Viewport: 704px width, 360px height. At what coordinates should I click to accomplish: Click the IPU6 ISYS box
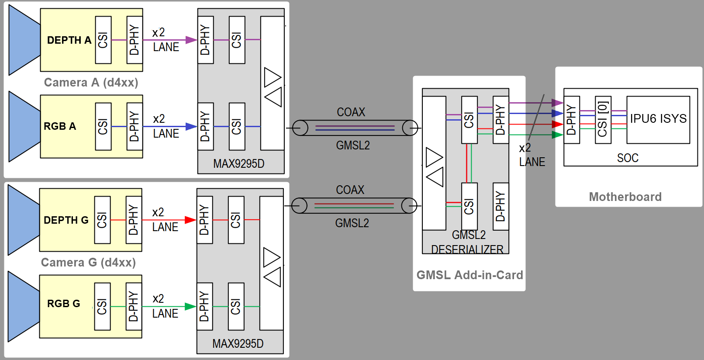(658, 119)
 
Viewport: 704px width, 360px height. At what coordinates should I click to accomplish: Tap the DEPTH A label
(69, 40)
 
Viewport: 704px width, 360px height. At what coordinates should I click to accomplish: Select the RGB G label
(63, 304)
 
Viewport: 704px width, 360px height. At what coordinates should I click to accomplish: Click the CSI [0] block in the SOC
(603, 120)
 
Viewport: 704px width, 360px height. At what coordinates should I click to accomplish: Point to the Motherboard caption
(625, 197)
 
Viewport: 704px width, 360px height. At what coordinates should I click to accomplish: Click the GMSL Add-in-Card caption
(469, 275)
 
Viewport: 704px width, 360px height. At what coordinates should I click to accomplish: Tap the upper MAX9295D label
(238, 164)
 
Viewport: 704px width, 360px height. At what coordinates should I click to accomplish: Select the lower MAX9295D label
(238, 344)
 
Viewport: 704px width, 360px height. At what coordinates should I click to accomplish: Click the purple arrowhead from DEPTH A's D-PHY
(191, 40)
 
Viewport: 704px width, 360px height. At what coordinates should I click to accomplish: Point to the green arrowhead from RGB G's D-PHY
(190, 307)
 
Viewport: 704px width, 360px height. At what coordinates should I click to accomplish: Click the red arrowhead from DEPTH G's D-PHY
(190, 220)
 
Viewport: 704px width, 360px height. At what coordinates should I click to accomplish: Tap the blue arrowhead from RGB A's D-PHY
(191, 126)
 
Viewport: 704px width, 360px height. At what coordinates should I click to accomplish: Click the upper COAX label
(351, 112)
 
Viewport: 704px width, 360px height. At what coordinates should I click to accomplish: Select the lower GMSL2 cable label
(352, 223)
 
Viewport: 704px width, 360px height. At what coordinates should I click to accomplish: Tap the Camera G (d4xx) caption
(88, 262)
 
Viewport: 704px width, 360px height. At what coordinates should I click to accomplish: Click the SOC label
(628, 158)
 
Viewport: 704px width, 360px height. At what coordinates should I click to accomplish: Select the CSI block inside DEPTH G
(102, 220)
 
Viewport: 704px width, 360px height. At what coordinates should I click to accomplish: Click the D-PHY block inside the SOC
(571, 120)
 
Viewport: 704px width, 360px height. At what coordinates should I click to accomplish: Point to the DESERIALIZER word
(467, 249)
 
